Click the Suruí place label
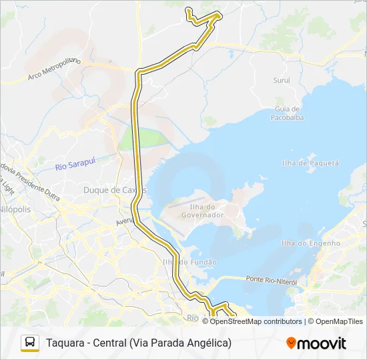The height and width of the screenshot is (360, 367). pos(281,80)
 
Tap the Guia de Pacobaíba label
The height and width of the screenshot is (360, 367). pos(286,113)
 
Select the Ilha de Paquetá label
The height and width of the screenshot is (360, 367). pos(310,163)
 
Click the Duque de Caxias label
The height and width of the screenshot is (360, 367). pos(114,190)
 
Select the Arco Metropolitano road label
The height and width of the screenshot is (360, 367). pos(55,69)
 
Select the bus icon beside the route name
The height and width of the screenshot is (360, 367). pos(30,343)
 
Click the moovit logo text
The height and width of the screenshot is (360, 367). pos(322,343)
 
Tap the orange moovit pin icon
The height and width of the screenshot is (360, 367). pos(291,343)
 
